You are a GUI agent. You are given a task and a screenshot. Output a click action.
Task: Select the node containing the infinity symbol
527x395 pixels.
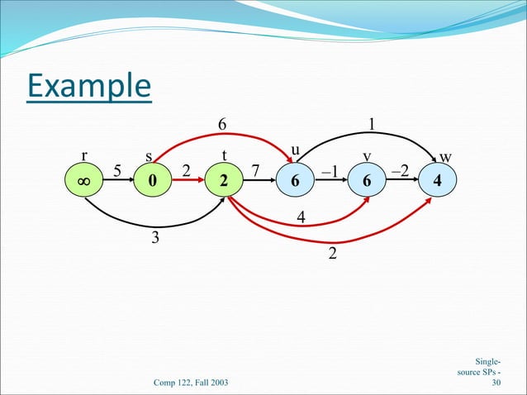[83, 181]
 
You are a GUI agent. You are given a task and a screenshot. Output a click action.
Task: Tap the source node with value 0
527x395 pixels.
[150, 181]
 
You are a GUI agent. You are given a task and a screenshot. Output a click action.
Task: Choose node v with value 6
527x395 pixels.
[366, 181]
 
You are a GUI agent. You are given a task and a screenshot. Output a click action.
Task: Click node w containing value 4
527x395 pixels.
[437, 181]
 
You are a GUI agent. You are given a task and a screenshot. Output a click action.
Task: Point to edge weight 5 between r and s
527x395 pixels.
[117, 170]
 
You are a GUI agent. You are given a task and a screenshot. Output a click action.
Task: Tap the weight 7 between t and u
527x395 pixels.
[255, 170]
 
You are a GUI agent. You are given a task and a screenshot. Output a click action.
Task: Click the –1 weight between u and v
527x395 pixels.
[329, 170]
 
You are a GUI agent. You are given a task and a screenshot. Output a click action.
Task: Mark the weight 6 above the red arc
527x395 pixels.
[221, 123]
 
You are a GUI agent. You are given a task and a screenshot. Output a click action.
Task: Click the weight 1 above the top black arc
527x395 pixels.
[373, 123]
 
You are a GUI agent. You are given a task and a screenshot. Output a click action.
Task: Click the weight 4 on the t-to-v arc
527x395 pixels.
[301, 217]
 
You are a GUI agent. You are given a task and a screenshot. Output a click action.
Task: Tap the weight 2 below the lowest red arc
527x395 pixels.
[332, 253]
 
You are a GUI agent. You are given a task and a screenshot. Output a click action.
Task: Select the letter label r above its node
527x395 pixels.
[83, 155]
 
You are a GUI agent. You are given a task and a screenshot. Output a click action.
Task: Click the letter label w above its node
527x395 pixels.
[445, 156]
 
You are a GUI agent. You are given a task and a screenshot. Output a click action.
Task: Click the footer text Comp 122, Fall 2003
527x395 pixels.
[192, 382]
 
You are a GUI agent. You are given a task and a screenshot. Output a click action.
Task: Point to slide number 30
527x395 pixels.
[496, 383]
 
